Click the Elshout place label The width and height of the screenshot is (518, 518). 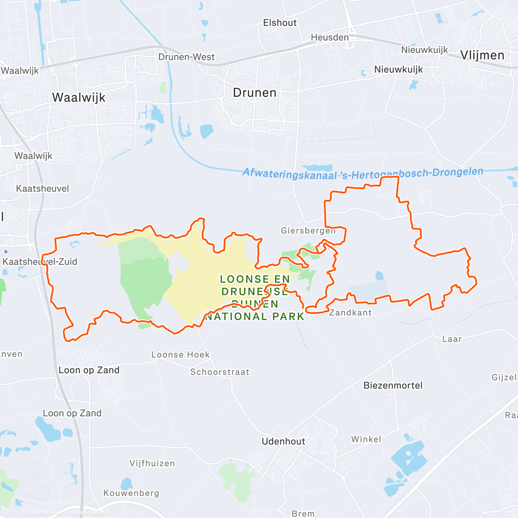coord(280,23)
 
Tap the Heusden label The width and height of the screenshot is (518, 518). coord(330,38)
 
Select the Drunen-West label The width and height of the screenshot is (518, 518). coord(186,57)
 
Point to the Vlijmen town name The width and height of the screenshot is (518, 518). coord(482,55)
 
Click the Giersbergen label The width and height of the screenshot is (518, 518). coord(308,231)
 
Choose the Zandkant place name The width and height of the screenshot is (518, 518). coord(350,313)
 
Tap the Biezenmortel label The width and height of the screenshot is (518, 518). coord(393,385)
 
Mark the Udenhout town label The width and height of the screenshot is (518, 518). coord(283,441)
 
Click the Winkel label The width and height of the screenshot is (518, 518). coord(366,439)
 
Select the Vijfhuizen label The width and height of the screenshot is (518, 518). coord(152,463)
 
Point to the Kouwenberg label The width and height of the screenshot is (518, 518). coord(131,493)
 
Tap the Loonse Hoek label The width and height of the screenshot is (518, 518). coord(180,355)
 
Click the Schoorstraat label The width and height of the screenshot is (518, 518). coord(220,372)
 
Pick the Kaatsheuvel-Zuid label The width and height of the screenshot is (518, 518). coord(40,262)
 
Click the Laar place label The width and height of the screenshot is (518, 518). coord(452,339)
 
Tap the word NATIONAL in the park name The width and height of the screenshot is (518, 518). coord(236,316)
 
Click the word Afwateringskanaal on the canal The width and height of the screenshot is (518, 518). coord(289,174)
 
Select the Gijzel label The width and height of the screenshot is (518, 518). coord(504,377)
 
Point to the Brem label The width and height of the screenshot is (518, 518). coord(303,513)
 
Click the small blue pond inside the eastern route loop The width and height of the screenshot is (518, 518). coord(379,275)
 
